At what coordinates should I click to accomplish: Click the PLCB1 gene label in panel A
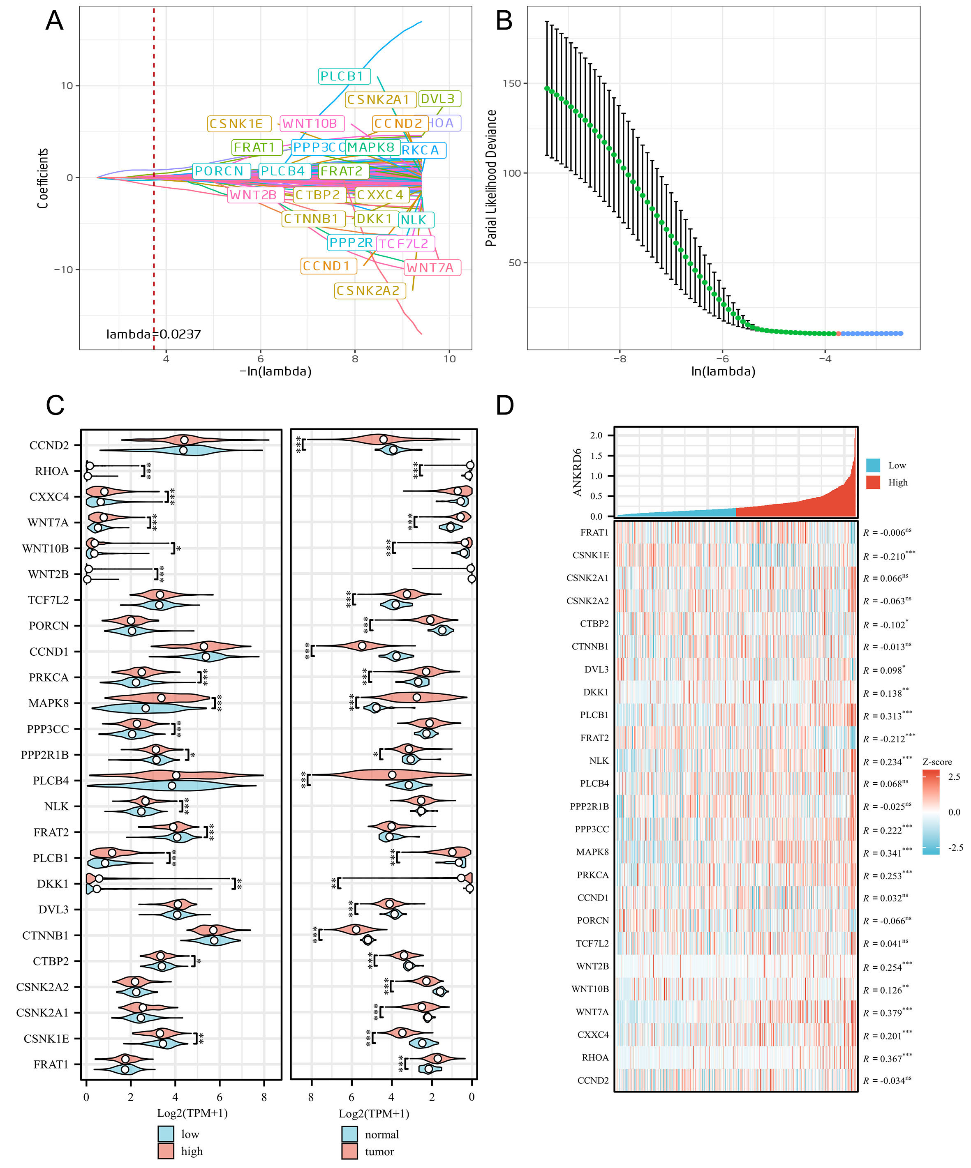tap(342, 76)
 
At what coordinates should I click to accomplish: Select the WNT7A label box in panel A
tap(430, 267)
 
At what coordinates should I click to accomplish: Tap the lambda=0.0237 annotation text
tap(154, 334)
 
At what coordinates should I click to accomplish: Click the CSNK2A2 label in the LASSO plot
tap(368, 291)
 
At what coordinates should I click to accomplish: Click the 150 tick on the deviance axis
tap(511, 83)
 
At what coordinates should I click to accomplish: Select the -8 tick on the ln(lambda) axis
tap(620, 359)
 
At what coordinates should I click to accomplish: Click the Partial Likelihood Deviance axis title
tap(491, 178)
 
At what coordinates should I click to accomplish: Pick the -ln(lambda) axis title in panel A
tap(275, 371)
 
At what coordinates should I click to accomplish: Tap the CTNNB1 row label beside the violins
tap(46, 935)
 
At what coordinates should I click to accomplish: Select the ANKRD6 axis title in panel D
tap(578, 473)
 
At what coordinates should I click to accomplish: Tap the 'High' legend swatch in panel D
tap(873, 482)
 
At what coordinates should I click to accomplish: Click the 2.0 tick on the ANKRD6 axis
tap(596, 435)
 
